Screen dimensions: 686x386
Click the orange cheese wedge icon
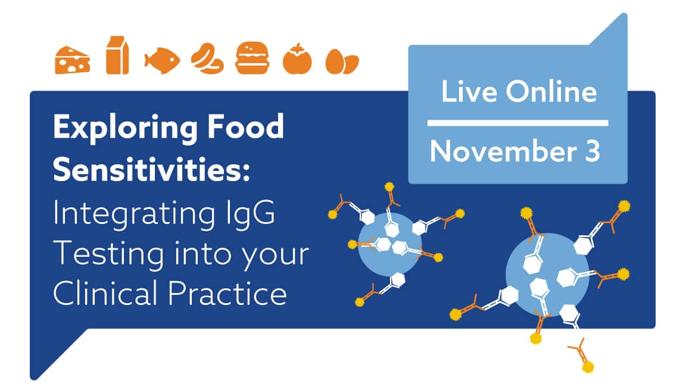(x=73, y=60)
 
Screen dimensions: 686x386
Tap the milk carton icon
(x=117, y=55)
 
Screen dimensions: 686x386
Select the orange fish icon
(x=162, y=60)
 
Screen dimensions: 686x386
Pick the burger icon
(x=252, y=58)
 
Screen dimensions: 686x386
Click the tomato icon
(x=298, y=59)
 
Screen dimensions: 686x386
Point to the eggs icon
(x=342, y=62)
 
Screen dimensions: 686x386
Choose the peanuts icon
(x=207, y=58)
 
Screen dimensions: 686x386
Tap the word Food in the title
(x=245, y=126)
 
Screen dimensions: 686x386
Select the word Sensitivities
(x=151, y=169)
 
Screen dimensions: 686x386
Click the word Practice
(x=227, y=293)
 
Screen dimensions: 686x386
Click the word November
(x=503, y=151)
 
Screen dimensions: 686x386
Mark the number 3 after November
(x=593, y=151)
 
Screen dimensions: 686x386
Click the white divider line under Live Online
(x=517, y=123)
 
